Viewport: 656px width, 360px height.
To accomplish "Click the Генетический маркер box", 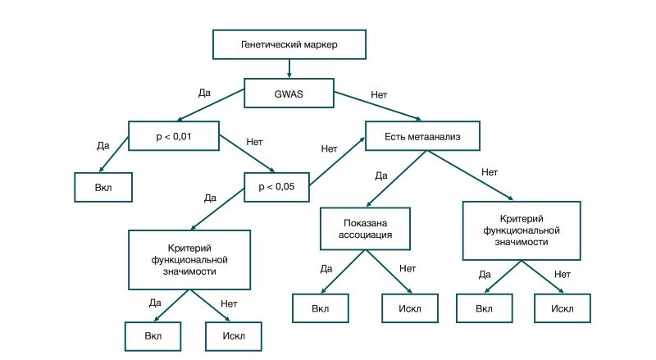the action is (x=289, y=44).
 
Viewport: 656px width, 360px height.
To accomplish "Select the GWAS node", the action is (x=289, y=93).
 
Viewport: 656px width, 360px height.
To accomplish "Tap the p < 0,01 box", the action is (x=174, y=136).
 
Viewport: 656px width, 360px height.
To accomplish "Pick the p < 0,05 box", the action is (x=276, y=187).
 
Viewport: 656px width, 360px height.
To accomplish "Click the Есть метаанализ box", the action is (x=422, y=136).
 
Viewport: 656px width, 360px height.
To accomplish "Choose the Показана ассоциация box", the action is (x=365, y=229).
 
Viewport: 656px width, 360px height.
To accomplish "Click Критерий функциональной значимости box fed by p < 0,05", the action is (x=189, y=259).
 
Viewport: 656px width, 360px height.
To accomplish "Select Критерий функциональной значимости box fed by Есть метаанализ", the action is (x=522, y=230).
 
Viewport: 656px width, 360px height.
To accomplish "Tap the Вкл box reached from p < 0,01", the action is (x=103, y=187).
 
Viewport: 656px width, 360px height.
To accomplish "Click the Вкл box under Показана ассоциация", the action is (x=321, y=308).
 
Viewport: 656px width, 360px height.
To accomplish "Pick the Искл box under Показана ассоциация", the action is (x=410, y=308).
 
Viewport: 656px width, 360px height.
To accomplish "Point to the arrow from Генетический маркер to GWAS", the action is (x=289, y=69).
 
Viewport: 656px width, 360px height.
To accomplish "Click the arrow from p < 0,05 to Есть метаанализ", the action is (x=337, y=161).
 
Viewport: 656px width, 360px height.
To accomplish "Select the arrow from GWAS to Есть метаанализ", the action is (x=378, y=107).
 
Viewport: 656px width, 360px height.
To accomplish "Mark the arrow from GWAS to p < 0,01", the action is (x=211, y=105).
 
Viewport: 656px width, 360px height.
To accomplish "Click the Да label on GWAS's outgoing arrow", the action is (x=204, y=93).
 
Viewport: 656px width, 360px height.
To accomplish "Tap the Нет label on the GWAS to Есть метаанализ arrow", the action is (x=379, y=95).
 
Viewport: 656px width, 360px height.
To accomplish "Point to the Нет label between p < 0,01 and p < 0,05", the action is (x=254, y=142).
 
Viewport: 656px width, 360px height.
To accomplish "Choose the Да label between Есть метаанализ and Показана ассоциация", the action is (x=381, y=175).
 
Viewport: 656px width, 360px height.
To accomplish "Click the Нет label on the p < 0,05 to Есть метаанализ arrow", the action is (x=330, y=148).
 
